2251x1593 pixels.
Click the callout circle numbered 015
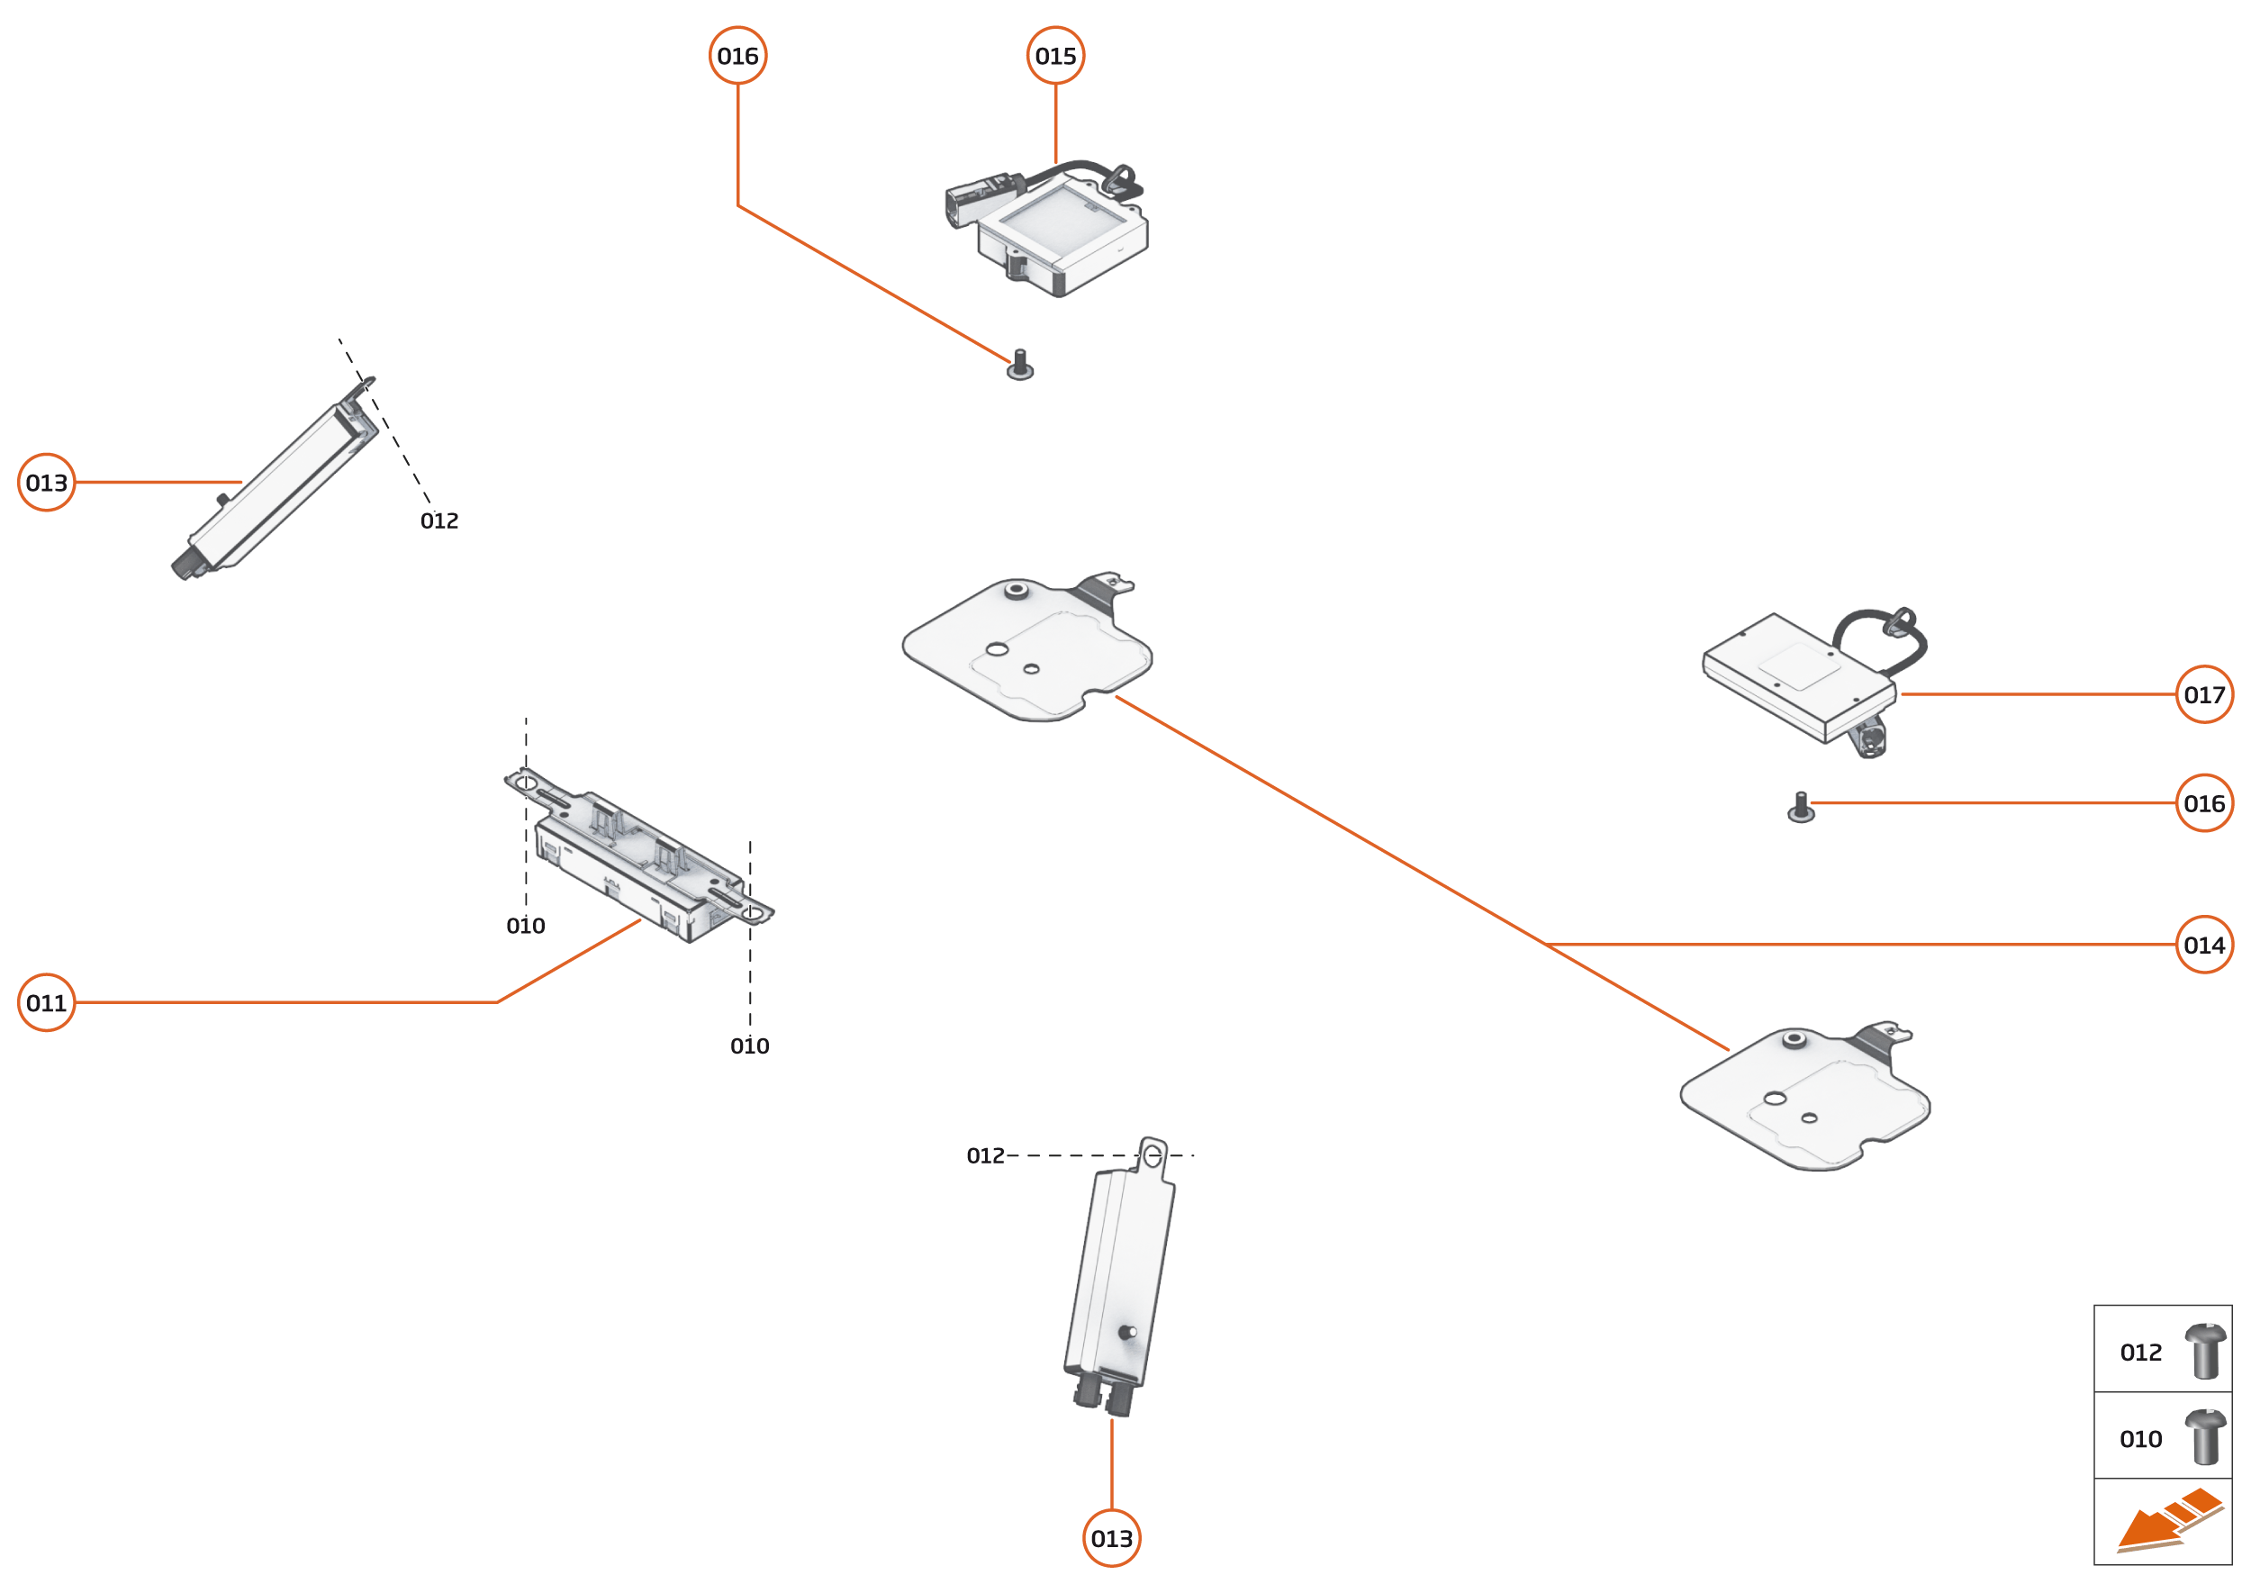(x=1055, y=56)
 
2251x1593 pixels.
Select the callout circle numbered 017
(x=2204, y=694)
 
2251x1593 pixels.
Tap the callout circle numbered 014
(x=2204, y=945)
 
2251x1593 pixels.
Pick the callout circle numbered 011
(x=47, y=1002)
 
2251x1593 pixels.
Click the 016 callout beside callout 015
(x=737, y=56)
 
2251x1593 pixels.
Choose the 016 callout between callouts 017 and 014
(x=2204, y=803)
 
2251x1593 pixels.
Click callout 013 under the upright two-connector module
(x=1111, y=1538)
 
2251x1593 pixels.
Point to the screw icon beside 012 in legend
(x=2205, y=1351)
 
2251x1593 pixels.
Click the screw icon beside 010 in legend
(x=2205, y=1437)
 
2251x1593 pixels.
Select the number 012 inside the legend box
(x=2140, y=1353)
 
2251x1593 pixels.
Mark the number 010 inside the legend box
(x=2140, y=1439)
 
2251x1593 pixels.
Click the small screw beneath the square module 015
(x=1020, y=367)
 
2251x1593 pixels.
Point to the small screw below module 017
(x=1801, y=809)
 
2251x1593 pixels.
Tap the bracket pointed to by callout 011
(x=637, y=855)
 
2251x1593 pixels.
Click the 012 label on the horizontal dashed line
(x=985, y=1155)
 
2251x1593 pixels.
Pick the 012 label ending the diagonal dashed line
(x=439, y=520)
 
